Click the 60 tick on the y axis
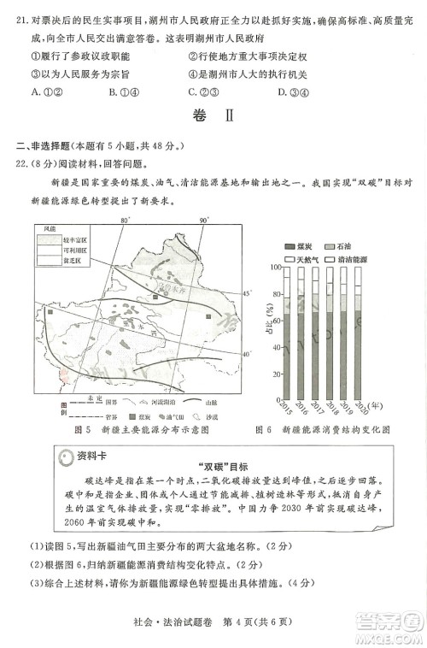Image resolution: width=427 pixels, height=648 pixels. point(275,320)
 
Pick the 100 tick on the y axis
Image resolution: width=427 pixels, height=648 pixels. point(275,267)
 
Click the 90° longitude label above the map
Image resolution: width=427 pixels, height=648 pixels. point(205,221)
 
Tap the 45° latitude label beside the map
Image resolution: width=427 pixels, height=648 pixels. point(249,293)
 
